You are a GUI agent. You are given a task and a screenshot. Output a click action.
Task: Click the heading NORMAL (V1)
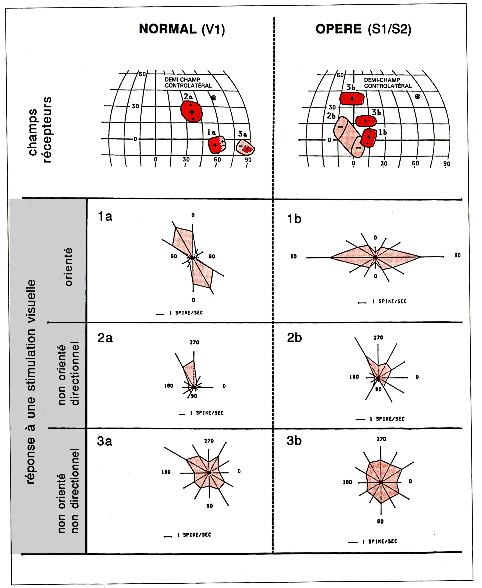pyautogui.click(x=182, y=29)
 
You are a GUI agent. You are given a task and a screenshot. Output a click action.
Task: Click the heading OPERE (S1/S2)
pyautogui.click(x=363, y=29)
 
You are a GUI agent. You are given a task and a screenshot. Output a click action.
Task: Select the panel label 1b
pyautogui.click(x=294, y=219)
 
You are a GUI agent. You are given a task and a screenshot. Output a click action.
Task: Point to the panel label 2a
pyautogui.click(x=105, y=338)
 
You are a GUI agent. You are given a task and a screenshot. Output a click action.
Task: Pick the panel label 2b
pyautogui.click(x=294, y=338)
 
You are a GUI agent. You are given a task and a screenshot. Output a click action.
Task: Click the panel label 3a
pyautogui.click(x=105, y=441)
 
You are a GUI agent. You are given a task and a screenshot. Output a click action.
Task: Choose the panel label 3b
pyautogui.click(x=294, y=441)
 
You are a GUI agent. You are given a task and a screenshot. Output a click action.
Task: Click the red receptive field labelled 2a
pyautogui.click(x=191, y=111)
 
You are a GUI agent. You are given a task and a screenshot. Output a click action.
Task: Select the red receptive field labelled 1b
pyautogui.click(x=369, y=137)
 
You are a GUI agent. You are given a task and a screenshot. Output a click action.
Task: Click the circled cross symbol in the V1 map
pyautogui.click(x=214, y=98)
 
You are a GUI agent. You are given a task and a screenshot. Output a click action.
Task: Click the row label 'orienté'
pyautogui.click(x=68, y=267)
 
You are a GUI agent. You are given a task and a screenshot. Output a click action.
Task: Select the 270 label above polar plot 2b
pyautogui.click(x=378, y=338)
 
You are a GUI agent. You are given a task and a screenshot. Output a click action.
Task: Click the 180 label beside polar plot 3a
pyautogui.click(x=166, y=472)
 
